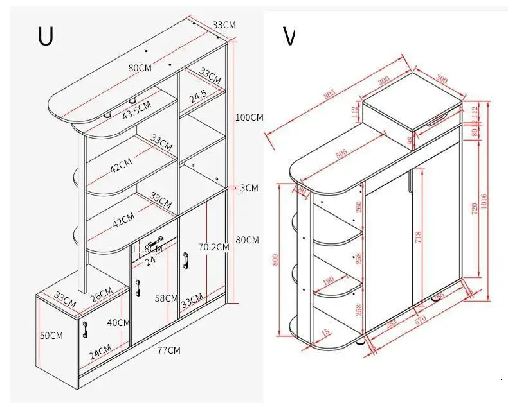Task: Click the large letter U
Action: coord(45,37)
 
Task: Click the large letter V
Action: coord(289,37)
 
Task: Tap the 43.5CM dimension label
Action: coord(136,110)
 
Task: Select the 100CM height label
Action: coord(249,117)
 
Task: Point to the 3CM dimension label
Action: coord(249,188)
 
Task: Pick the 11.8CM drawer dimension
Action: coord(147,248)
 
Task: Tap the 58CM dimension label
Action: coord(167,298)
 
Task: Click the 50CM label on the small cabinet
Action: coord(51,336)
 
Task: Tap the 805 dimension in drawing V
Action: coord(330,93)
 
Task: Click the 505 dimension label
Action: coord(340,153)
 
